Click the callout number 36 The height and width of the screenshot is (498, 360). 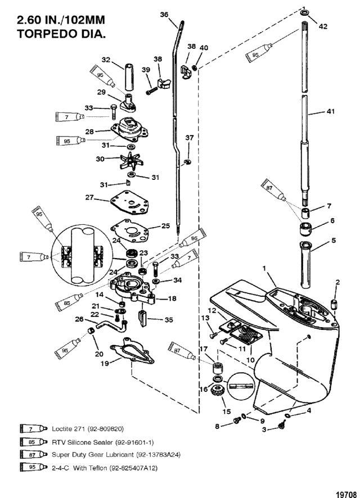coord(164,15)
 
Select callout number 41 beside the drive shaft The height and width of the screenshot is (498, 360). coord(330,111)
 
